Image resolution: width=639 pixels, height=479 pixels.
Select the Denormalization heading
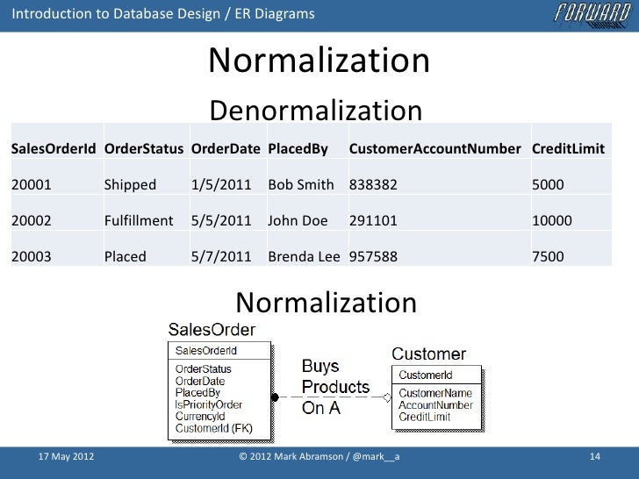(x=316, y=111)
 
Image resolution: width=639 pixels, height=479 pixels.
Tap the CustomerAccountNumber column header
(x=434, y=148)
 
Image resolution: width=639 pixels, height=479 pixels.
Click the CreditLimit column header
(x=568, y=148)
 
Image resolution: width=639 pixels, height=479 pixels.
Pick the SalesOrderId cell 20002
(x=32, y=221)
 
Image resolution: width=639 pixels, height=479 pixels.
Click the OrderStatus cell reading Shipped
(x=130, y=185)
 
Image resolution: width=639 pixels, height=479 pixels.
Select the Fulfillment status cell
(x=139, y=221)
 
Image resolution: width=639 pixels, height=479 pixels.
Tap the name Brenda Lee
(x=305, y=257)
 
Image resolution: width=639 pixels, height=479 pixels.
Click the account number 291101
(x=373, y=221)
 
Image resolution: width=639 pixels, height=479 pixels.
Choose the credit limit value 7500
(x=548, y=257)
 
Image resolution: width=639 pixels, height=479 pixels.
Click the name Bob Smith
(x=301, y=185)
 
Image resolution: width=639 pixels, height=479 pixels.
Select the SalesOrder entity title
(x=212, y=330)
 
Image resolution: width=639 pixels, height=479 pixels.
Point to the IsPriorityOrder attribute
(x=209, y=404)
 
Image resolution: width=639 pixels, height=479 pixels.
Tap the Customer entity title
(x=428, y=354)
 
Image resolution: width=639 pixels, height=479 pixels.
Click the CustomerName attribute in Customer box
(x=435, y=394)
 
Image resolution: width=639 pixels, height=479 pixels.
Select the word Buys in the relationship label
(x=321, y=366)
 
